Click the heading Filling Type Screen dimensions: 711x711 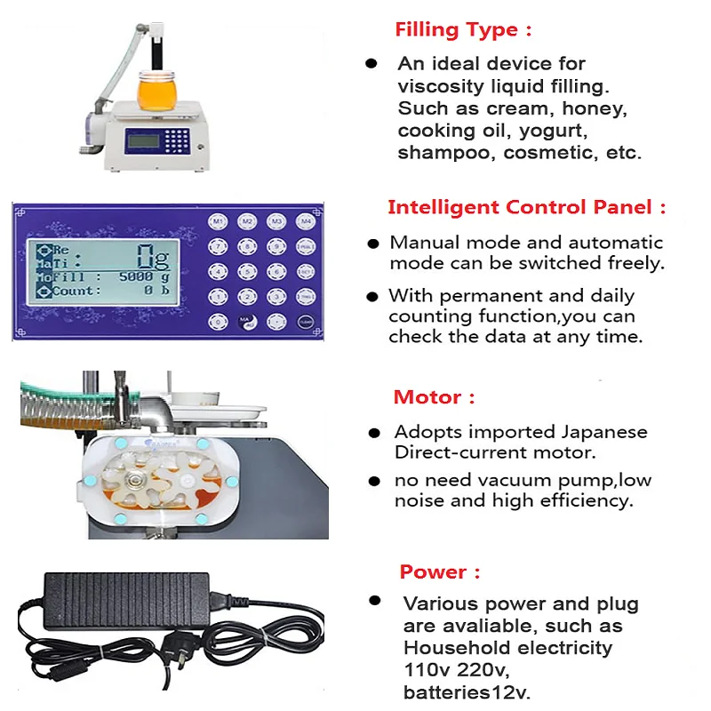click(x=463, y=29)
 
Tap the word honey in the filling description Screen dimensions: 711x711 click(x=600, y=108)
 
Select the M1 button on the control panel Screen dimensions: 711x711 click(x=219, y=220)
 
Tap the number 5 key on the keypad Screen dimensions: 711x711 click(x=247, y=271)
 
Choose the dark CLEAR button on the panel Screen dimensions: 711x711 click(x=305, y=322)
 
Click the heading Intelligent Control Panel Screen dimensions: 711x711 click(x=526, y=208)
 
